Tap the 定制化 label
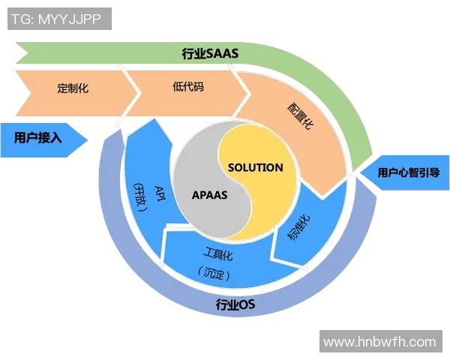coord(73,88)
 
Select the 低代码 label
coord(187,86)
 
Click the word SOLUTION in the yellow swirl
coord(255,167)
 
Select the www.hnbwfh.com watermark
coord(379,342)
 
